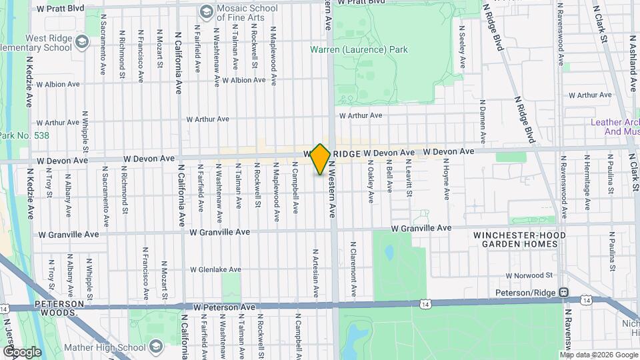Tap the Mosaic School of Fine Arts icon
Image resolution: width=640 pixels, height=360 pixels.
[x=206, y=12]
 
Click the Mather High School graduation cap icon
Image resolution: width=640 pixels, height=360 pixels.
[x=156, y=347]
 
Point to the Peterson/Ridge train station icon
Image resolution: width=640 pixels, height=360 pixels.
[x=563, y=293]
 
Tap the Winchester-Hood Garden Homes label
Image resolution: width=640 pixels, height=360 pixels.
[x=519, y=240]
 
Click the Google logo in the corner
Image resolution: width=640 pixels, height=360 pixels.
[x=21, y=351]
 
